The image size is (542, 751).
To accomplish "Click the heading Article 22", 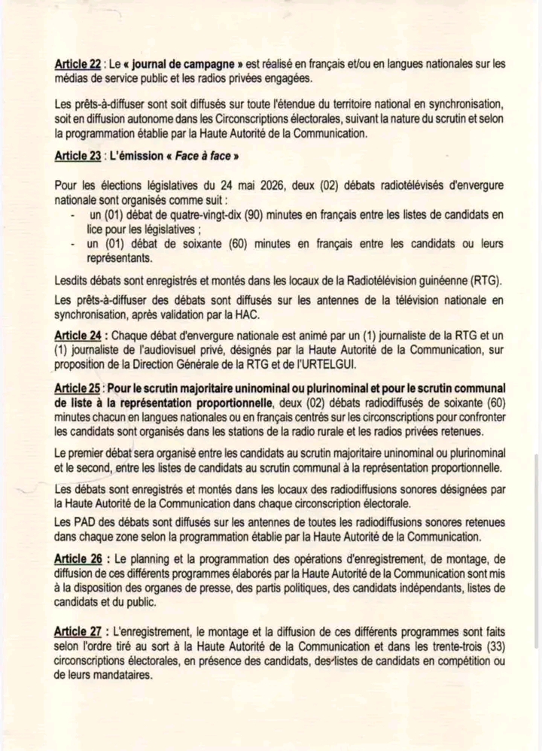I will click(78, 65).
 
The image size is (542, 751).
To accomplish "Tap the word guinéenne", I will click(436, 281).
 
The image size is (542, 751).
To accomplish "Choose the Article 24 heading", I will click(78, 335).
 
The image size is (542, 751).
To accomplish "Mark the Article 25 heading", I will click(78, 388).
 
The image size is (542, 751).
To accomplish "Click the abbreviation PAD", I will click(90, 521).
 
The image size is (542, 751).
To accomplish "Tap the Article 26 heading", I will click(78, 560).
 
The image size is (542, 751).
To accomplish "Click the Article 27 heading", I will click(78, 631).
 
